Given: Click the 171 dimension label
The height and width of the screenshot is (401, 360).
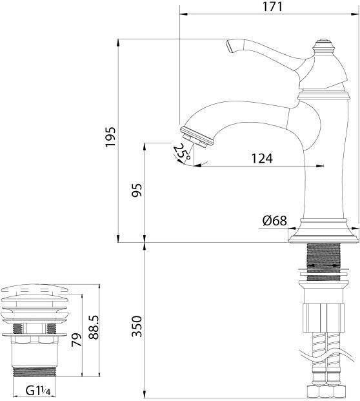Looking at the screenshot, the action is click(x=273, y=6).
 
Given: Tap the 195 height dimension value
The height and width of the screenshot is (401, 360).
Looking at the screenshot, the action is click(x=111, y=137).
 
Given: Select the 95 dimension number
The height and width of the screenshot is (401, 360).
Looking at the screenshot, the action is click(x=137, y=190).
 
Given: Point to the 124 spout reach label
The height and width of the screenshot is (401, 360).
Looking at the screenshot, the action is click(x=262, y=158).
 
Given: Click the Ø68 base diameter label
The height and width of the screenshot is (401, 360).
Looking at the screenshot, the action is click(x=275, y=220).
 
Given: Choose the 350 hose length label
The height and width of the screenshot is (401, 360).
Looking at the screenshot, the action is click(x=137, y=326).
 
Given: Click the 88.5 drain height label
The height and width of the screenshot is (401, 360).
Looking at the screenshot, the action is click(x=94, y=327).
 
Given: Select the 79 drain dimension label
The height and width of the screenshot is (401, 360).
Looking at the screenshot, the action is click(x=76, y=340).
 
